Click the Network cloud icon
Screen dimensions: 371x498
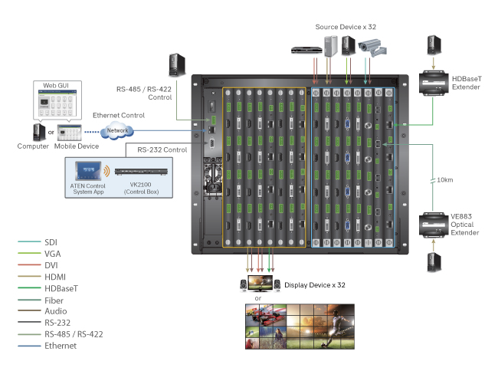point(117,130)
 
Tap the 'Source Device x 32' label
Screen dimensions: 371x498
point(346,27)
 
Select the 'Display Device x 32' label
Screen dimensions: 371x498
point(315,285)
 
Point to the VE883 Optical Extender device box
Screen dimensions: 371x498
point(434,224)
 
